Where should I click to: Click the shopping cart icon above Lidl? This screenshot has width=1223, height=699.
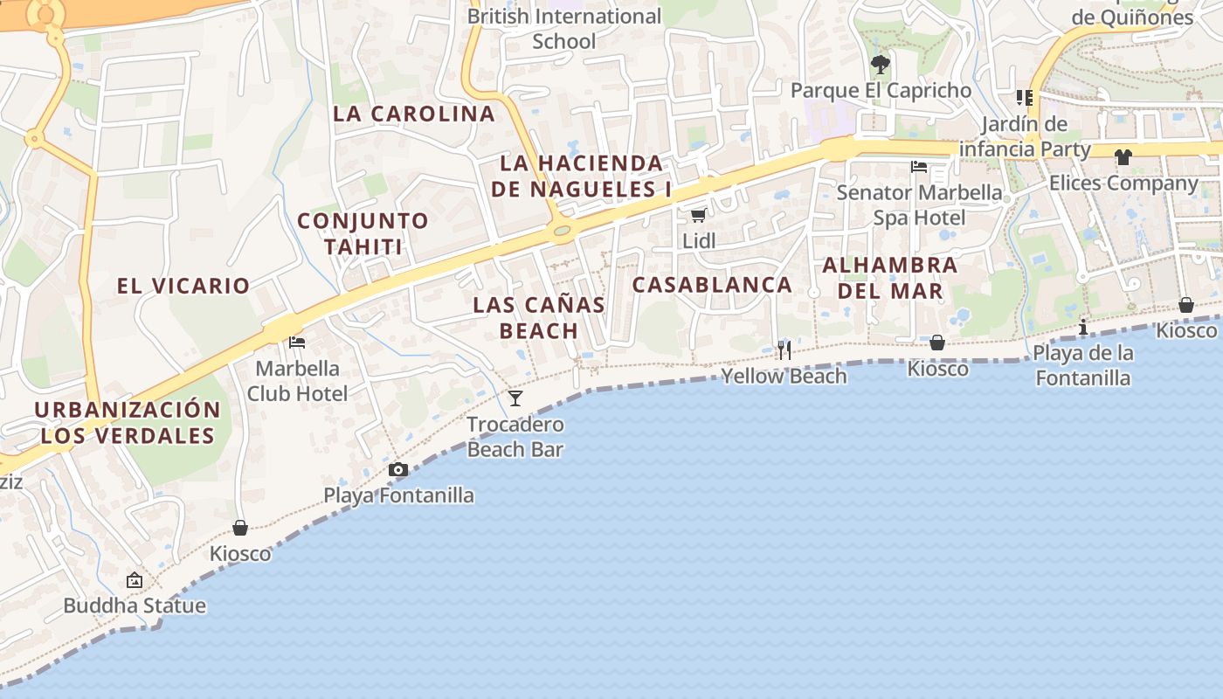point(697,215)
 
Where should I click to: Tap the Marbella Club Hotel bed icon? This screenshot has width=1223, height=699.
point(297,342)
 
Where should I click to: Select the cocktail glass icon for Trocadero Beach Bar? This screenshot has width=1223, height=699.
point(515,398)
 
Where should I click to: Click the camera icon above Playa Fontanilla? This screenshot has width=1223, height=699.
point(397,470)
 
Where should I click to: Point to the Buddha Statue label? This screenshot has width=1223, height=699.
point(135,606)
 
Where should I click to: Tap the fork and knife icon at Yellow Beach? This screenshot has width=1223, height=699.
point(784,350)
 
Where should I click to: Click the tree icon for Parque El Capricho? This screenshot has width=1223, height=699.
point(881,64)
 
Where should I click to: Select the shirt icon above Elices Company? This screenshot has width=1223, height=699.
point(1123,157)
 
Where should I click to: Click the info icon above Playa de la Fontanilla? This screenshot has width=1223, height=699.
point(1083,328)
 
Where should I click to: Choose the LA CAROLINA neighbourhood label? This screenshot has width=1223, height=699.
point(414,114)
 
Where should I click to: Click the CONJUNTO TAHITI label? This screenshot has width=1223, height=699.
point(363,233)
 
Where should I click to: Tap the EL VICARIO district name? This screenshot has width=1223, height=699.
point(183,286)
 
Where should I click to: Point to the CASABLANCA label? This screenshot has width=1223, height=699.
point(712,285)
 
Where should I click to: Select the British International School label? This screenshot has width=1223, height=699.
point(564,29)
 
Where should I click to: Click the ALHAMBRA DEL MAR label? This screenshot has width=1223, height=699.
point(890,278)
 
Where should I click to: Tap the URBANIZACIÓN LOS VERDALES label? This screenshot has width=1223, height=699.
point(128,423)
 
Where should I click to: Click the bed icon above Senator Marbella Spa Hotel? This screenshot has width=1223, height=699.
point(919,166)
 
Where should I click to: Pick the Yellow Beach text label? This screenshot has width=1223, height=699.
point(784,377)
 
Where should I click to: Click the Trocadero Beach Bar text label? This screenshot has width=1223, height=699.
point(515,437)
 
